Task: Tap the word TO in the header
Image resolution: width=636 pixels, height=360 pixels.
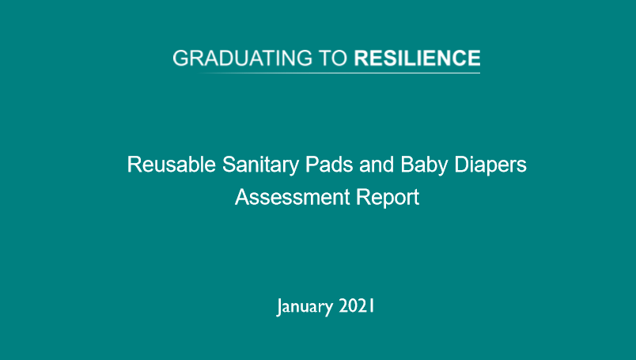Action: click(x=332, y=59)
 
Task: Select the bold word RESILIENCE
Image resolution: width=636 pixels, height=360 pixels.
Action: click(x=417, y=59)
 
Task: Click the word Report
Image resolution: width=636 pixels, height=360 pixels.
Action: click(x=385, y=197)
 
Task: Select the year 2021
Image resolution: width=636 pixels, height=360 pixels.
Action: click(x=357, y=305)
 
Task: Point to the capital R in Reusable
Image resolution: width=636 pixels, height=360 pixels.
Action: click(x=134, y=165)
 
